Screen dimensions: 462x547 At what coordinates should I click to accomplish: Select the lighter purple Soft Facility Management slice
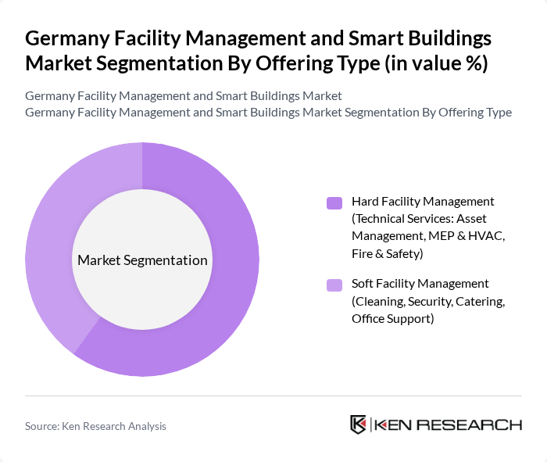(x=55, y=235)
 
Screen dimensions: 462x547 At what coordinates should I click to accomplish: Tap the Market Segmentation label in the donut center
(x=142, y=260)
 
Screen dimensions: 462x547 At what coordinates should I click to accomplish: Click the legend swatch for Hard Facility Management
(x=334, y=203)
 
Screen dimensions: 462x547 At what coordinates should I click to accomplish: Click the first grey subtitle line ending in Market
(x=184, y=95)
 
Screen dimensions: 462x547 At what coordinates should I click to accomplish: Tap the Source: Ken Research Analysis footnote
(x=95, y=426)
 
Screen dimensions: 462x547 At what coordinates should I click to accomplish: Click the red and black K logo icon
(x=359, y=424)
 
